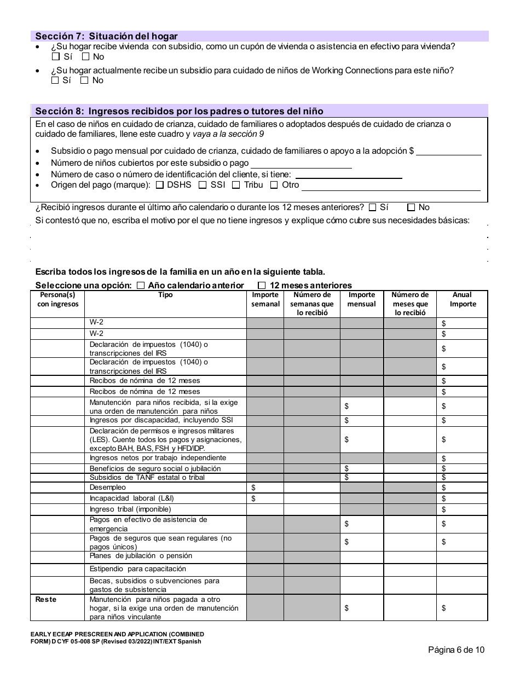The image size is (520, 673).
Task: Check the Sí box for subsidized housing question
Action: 56,56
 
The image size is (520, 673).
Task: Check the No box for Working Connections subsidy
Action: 84,80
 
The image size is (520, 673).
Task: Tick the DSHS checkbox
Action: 160,185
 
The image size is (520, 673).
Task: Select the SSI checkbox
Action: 203,185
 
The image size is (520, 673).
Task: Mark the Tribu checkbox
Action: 236,185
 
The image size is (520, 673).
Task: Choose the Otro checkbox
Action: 274,185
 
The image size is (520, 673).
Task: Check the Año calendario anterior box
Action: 141,285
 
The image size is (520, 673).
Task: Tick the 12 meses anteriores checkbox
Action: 262,285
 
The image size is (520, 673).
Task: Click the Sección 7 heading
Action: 106,36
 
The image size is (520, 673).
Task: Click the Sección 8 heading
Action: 179,111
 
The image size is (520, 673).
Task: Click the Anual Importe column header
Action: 463,299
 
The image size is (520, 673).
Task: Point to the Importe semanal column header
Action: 265,299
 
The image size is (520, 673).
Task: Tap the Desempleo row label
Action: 107,487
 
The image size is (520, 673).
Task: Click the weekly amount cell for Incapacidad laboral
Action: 265,498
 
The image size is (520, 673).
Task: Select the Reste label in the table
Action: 46,599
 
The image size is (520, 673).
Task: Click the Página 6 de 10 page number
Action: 456,650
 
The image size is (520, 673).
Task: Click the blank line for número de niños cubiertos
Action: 301,163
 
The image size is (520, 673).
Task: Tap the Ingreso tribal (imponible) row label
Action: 130,509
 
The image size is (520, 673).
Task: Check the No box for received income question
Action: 411,207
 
